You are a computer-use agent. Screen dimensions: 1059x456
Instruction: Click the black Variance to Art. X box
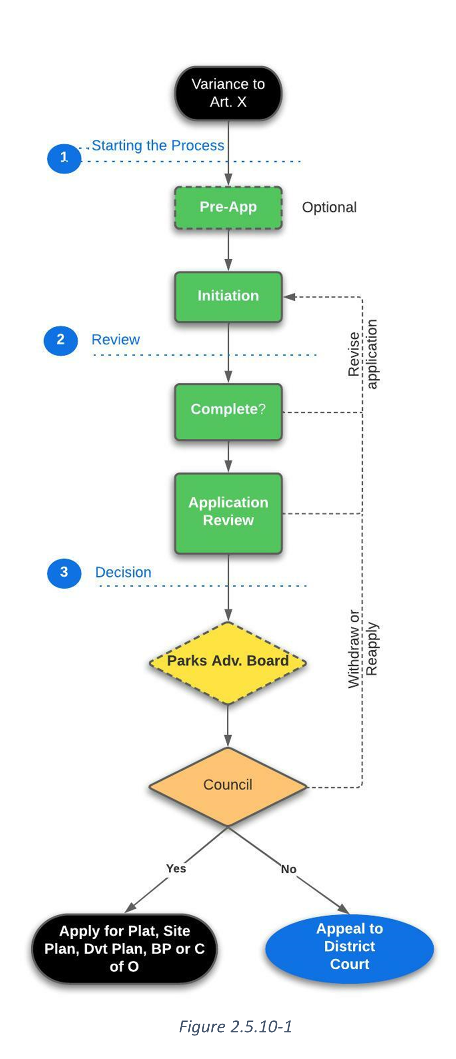[x=228, y=93]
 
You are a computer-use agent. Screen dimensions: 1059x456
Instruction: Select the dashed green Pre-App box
[x=228, y=207]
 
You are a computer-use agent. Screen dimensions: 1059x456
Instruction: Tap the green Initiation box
[x=228, y=296]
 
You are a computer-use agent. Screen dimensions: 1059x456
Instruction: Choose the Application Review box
[x=228, y=512]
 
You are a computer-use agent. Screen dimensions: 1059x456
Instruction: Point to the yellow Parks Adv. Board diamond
[x=228, y=662]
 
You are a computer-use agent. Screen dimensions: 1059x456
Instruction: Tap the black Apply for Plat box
[x=124, y=949]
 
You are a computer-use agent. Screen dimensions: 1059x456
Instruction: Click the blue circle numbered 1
[x=64, y=158]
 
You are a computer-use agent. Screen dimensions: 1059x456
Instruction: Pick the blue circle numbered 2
[x=61, y=340]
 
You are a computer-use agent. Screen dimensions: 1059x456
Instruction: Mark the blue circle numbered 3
[x=64, y=573]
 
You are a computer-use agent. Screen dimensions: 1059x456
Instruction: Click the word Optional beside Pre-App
[x=329, y=208]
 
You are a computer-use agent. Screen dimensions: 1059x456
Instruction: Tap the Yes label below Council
[x=176, y=868]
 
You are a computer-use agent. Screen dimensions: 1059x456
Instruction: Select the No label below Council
[x=288, y=869]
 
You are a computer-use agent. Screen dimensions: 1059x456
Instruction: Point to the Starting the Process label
[x=158, y=146]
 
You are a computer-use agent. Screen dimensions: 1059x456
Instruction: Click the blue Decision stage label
[x=123, y=572]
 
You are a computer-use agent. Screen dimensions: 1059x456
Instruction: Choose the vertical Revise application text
[x=362, y=354]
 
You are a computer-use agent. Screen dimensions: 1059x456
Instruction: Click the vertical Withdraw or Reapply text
[x=362, y=648]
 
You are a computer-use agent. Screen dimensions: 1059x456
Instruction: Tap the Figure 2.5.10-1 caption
[x=235, y=1026]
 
